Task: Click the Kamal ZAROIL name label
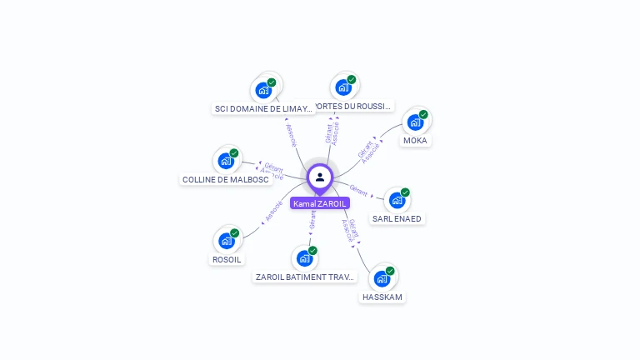pyautogui.click(x=320, y=203)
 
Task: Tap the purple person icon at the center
pyautogui.click(x=320, y=177)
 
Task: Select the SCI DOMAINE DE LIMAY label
pyautogui.click(x=263, y=108)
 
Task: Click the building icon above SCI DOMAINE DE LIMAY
pyautogui.click(x=263, y=90)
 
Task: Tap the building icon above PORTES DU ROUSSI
pyautogui.click(x=342, y=87)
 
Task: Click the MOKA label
pyautogui.click(x=415, y=141)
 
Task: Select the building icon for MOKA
pyautogui.click(x=414, y=122)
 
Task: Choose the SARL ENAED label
pyautogui.click(x=397, y=219)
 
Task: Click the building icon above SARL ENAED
pyautogui.click(x=397, y=200)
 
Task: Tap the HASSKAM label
pyautogui.click(x=382, y=297)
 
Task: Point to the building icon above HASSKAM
pyautogui.click(x=382, y=278)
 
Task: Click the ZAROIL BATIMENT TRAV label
pyautogui.click(x=306, y=277)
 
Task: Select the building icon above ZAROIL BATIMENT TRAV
pyautogui.click(x=304, y=258)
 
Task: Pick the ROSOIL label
pyautogui.click(x=227, y=259)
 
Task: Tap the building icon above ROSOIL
pyautogui.click(x=226, y=241)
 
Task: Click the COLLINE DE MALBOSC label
pyautogui.click(x=225, y=179)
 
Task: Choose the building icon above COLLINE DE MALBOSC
pyautogui.click(x=225, y=161)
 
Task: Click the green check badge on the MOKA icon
pyautogui.click(x=423, y=115)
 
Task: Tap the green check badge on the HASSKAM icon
pyautogui.click(x=390, y=271)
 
